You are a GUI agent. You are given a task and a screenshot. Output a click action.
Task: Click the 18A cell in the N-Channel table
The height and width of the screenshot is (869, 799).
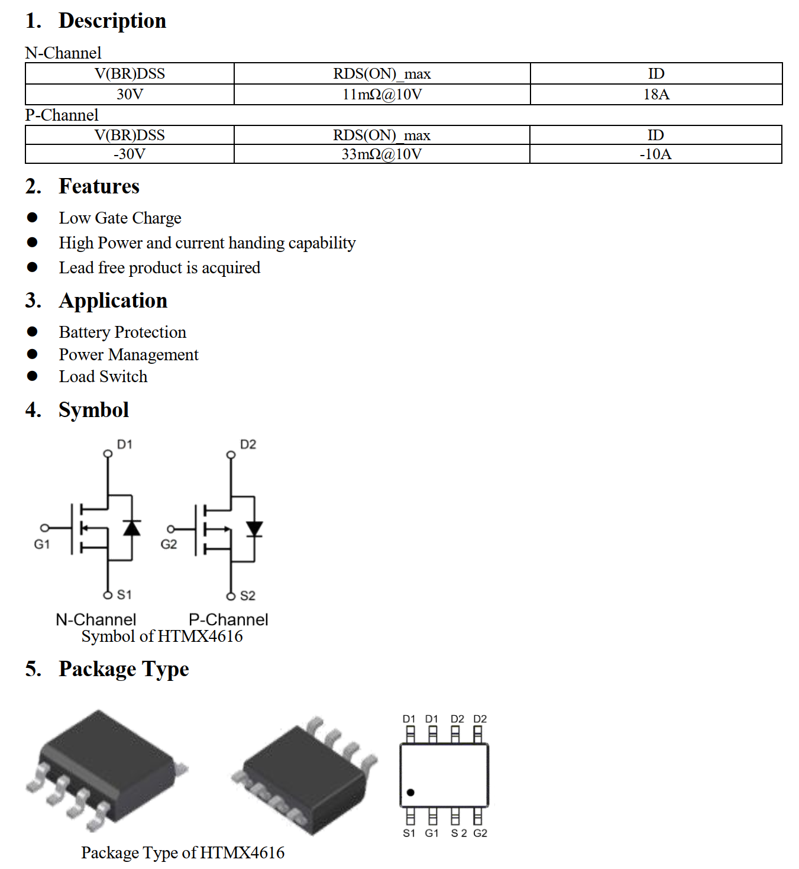[656, 95]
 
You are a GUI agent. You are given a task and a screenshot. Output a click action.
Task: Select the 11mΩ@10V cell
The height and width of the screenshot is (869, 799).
[382, 95]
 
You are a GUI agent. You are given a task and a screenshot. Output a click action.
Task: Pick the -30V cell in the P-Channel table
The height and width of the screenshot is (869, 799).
[130, 154]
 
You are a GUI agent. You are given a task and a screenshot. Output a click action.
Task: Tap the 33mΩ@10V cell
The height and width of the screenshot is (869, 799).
[381, 154]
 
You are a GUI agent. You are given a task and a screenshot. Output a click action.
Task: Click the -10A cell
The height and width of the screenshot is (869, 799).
[655, 154]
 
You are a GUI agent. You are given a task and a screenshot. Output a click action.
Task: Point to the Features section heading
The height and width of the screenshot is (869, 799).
[99, 186]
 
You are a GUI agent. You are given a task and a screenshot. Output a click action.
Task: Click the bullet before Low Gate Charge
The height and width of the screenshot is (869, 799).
[33, 218]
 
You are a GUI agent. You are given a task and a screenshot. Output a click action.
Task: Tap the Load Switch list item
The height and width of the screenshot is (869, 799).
[103, 377]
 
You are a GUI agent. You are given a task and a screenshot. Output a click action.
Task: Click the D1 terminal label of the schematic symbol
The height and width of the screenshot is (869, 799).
[125, 444]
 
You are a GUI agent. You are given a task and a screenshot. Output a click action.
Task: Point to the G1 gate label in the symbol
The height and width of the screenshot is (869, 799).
[42, 544]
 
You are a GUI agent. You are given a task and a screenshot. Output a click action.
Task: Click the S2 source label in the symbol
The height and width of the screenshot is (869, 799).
[248, 596]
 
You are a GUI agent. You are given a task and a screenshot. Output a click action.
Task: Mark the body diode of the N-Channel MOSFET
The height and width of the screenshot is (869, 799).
[131, 528]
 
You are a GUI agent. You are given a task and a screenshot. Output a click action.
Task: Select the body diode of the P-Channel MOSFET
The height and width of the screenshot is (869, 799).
[254, 528]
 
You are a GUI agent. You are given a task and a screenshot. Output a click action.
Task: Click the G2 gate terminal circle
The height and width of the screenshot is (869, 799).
[171, 529]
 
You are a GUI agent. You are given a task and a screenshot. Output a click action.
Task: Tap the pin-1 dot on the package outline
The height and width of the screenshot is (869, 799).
[410, 792]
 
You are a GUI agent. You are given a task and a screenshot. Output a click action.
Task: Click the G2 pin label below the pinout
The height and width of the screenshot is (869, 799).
[480, 834]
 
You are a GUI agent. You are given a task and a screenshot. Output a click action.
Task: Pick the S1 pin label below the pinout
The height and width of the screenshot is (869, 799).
[409, 834]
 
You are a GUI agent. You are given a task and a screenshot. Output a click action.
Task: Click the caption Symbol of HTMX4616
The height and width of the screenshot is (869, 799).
[162, 637]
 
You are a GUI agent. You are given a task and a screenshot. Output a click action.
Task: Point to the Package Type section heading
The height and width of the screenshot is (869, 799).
[124, 669]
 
